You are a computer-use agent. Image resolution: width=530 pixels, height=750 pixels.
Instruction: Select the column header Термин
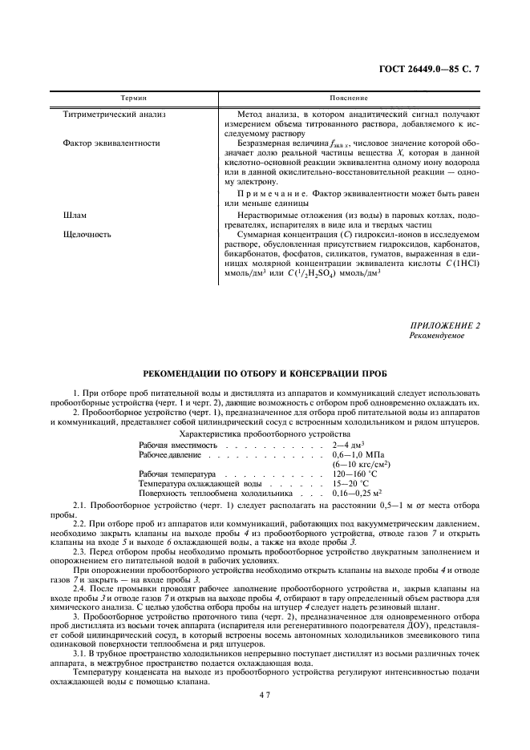(133, 98)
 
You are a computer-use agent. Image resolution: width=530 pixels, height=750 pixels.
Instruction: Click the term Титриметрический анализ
(114, 115)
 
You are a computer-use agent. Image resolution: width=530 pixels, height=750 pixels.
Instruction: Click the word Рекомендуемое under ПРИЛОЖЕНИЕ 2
(436, 336)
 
